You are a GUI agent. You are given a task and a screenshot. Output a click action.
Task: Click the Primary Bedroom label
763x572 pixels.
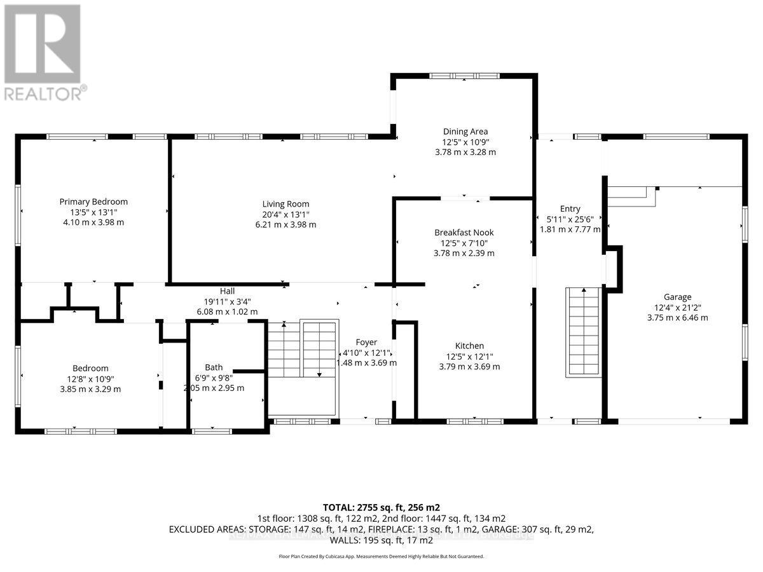click(93, 201)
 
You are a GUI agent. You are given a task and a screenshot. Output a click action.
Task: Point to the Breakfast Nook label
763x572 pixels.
click(464, 233)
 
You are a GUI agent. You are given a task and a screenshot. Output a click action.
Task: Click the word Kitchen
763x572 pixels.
click(469, 346)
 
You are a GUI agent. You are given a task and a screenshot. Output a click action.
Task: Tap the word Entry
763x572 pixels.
click(570, 208)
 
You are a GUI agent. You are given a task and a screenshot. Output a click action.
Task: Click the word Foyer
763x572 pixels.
click(366, 342)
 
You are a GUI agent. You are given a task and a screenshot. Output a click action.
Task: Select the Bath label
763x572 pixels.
click(214, 367)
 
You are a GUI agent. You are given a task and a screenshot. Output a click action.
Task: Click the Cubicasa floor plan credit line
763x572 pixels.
click(381, 556)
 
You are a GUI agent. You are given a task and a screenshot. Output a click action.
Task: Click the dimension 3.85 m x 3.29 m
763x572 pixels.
click(90, 389)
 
